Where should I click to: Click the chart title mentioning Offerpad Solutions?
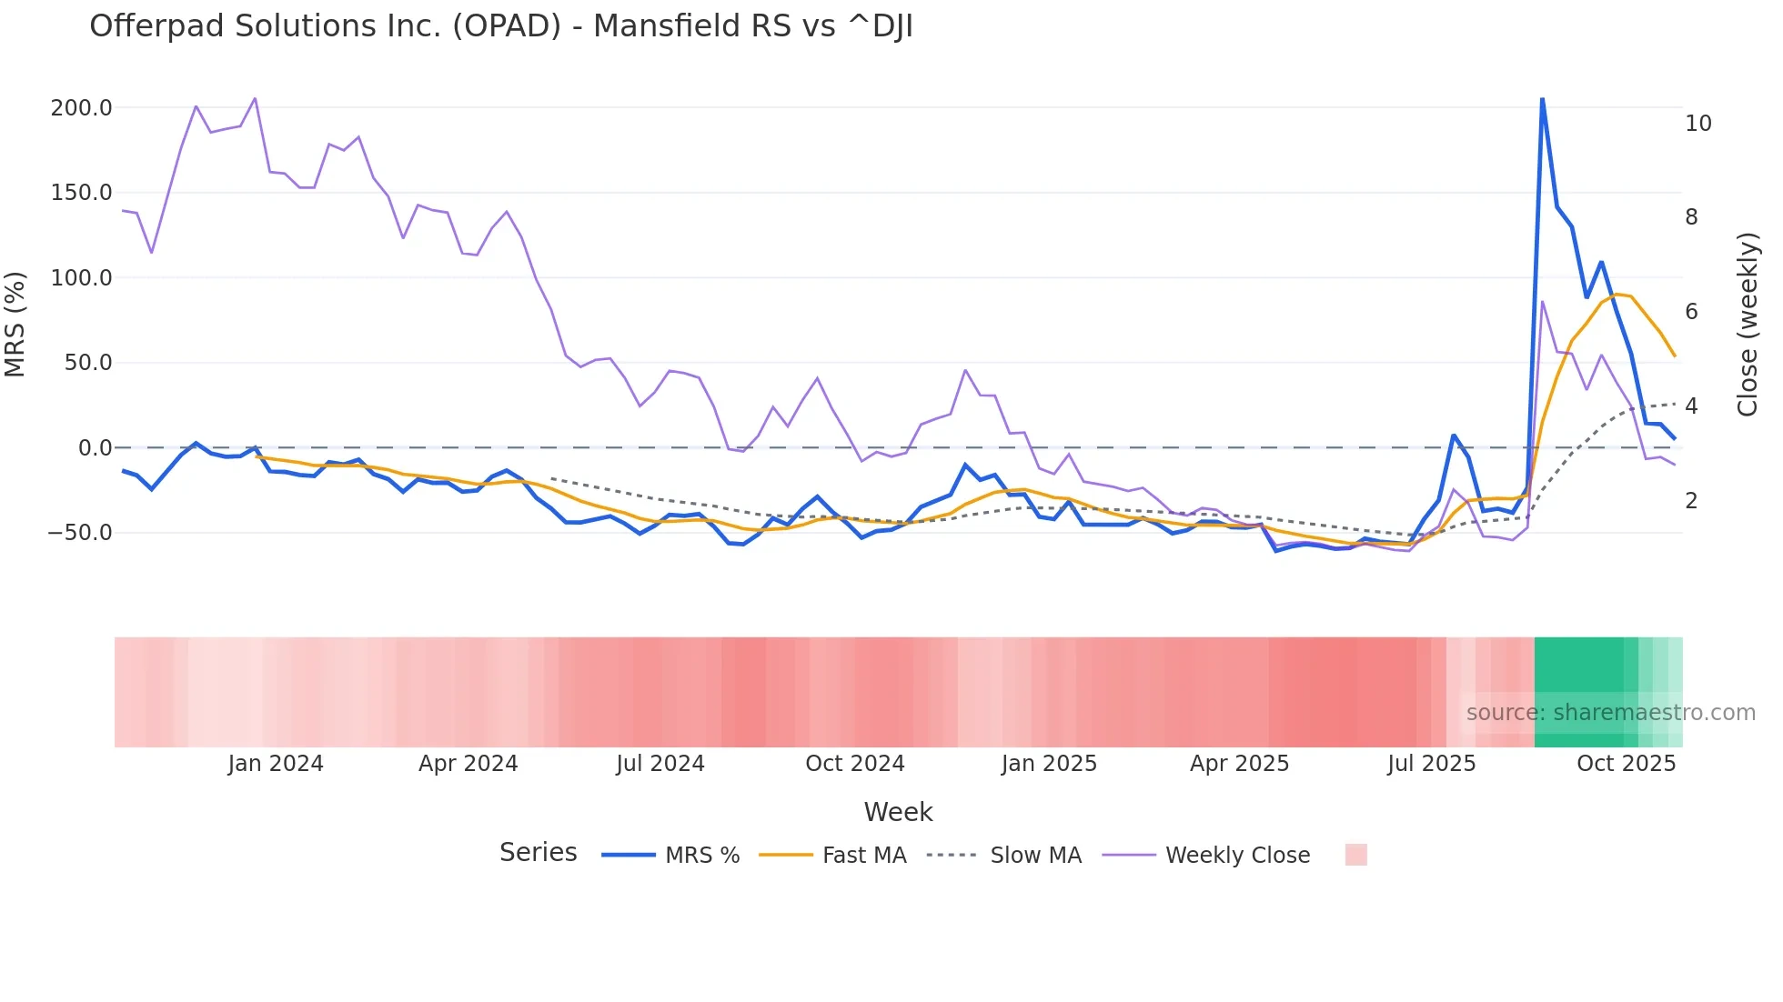point(500,26)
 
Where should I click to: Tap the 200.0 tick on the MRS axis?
point(81,108)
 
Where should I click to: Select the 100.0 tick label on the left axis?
point(81,278)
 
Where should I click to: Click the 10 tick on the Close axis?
point(1697,124)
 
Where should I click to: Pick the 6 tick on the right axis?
point(1691,312)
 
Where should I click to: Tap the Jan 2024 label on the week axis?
point(275,764)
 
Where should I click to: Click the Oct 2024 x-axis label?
point(854,764)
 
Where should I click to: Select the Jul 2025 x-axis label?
point(1431,764)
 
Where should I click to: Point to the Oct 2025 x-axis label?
point(1626,764)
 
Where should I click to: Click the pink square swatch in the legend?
point(1355,855)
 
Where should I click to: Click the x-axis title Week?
point(898,812)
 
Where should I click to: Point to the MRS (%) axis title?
point(15,325)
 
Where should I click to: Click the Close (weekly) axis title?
point(1747,325)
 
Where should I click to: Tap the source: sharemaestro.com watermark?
point(1610,713)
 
